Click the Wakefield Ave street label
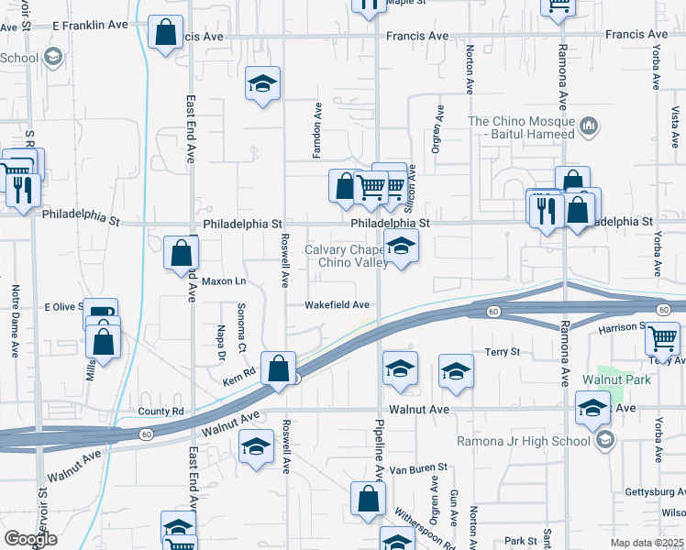[x=337, y=305]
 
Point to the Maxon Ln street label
[x=225, y=280]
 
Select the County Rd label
[x=160, y=412]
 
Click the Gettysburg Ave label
[x=655, y=492]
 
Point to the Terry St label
[x=503, y=352]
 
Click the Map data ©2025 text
[x=647, y=543]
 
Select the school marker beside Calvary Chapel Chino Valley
[x=401, y=247]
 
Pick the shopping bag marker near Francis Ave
[x=165, y=34]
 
